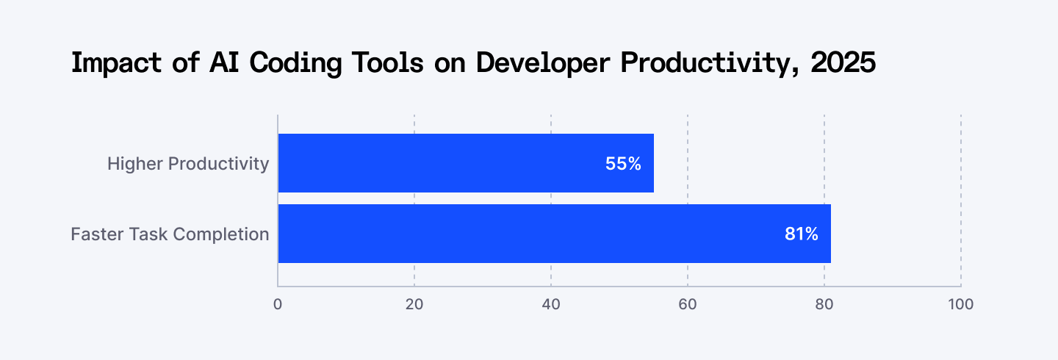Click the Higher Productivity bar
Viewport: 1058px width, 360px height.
click(x=466, y=163)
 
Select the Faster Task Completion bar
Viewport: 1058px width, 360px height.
click(x=554, y=234)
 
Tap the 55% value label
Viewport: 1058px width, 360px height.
click(x=623, y=164)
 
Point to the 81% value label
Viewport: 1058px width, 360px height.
click(x=800, y=234)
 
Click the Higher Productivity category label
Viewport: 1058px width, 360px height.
click(x=188, y=163)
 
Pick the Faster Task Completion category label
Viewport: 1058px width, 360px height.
click(x=170, y=234)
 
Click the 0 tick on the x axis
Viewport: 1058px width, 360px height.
click(x=278, y=304)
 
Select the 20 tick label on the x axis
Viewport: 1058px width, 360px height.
click(x=414, y=304)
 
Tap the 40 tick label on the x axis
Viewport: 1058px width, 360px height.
click(x=551, y=304)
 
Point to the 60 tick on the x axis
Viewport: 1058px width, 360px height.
click(x=688, y=304)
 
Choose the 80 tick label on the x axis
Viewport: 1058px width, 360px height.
click(x=824, y=304)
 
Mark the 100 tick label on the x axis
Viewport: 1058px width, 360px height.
click(x=961, y=304)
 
